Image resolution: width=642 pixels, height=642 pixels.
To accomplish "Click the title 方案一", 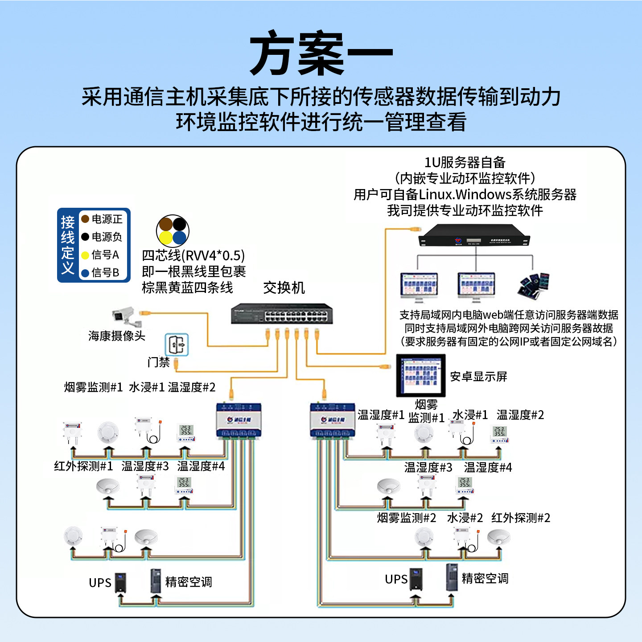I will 321,53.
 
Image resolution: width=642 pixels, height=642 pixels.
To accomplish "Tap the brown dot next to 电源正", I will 85,219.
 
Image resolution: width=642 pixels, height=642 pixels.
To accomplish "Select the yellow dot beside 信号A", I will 85,255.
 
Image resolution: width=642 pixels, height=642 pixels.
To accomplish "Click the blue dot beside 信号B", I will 85,273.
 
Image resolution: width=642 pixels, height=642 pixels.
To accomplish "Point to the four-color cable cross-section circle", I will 173,231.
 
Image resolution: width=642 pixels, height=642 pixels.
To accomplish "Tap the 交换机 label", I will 284,288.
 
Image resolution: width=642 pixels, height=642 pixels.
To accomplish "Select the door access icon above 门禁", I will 177,345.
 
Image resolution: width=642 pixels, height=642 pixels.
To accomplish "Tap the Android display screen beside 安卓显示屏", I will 421,375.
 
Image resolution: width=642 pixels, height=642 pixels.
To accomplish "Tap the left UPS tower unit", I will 120,582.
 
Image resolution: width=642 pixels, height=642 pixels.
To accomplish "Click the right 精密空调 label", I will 485,578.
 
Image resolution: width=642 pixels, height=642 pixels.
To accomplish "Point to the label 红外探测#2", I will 520,518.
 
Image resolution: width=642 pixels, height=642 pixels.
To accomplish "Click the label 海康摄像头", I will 116,336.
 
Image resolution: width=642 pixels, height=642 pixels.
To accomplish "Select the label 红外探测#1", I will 83,466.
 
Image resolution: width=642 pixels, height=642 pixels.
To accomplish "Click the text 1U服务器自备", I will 465,162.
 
